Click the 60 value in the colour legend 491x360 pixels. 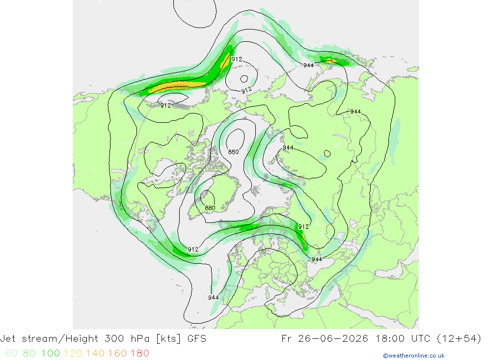[x=11, y=353]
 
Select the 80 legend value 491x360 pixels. [x=29, y=353]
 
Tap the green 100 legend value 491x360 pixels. [x=51, y=353]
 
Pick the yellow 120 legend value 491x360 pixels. [x=73, y=353]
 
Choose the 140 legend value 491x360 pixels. [x=95, y=353]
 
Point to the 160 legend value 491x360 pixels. [x=117, y=353]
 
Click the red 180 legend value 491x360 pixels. [x=139, y=353]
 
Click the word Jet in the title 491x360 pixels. [x=8, y=339]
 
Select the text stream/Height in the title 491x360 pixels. [x=60, y=339]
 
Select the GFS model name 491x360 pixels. [x=197, y=339]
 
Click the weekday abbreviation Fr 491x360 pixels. [x=287, y=339]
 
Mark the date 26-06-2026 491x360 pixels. [x=333, y=339]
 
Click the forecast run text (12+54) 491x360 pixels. [x=459, y=339]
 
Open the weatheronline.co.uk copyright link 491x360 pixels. [x=413, y=356]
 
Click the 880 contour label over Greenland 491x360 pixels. [x=210, y=208]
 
